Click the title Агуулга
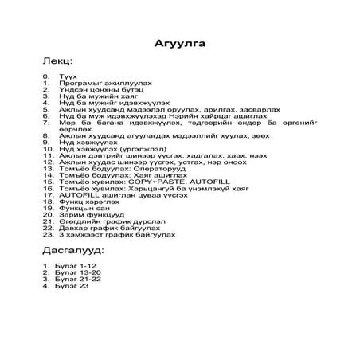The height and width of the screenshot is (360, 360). click(179, 43)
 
